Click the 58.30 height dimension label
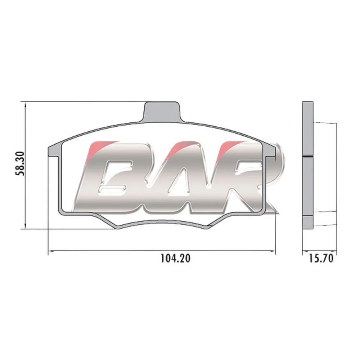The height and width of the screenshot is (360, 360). pyautogui.click(x=20, y=163)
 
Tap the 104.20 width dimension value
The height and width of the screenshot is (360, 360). pyautogui.click(x=175, y=258)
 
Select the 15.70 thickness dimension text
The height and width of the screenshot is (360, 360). pyautogui.click(x=321, y=259)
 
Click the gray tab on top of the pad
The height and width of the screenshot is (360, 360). pyautogui.click(x=161, y=112)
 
